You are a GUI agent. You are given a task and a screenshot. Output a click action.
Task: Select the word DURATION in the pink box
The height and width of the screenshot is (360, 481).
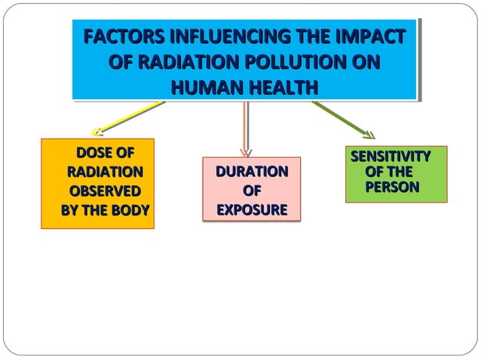252,172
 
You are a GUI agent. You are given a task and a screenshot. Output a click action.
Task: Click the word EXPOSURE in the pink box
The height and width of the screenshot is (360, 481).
252,209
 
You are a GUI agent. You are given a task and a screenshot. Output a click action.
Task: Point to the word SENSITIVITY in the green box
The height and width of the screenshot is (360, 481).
391,157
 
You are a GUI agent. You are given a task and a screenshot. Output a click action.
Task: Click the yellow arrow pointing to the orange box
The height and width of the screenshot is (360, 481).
128,119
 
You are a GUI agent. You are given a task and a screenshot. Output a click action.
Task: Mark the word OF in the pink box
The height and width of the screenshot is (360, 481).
252,191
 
